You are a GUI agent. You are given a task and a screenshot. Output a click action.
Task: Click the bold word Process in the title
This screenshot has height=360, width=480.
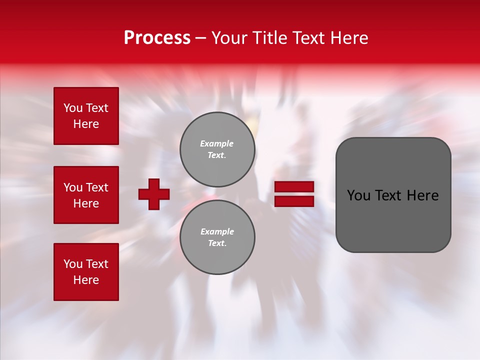click(x=157, y=38)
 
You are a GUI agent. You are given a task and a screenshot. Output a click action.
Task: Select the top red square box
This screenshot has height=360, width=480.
click(x=86, y=116)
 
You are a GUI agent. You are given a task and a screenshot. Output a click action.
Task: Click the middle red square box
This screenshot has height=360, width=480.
click(x=86, y=195)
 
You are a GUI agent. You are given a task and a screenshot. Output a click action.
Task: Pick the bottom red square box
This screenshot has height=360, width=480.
click(x=86, y=271)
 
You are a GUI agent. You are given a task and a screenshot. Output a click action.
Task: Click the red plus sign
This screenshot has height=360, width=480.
click(x=154, y=194)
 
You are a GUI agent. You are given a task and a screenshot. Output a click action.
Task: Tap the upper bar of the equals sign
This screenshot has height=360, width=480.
click(x=294, y=186)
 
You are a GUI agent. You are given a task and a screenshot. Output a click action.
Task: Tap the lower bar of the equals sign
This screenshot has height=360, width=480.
click(x=294, y=201)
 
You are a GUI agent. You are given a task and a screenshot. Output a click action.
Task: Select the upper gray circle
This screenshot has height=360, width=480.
click(x=217, y=149)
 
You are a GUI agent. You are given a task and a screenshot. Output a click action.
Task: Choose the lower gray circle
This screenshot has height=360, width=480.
click(x=217, y=237)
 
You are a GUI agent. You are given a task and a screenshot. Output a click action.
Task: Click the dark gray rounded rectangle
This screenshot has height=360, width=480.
click(x=393, y=194)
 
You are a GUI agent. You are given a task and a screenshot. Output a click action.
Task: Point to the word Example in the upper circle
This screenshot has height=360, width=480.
click(x=217, y=143)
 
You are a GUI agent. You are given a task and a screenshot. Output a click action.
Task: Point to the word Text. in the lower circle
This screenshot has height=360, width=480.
click(x=217, y=243)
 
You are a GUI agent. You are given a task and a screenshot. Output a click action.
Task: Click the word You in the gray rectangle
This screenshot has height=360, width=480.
click(x=358, y=195)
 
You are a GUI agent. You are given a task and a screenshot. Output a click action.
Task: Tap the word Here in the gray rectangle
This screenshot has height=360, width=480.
click(x=423, y=195)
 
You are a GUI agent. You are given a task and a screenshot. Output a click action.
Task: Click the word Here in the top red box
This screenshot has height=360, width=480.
click(x=86, y=124)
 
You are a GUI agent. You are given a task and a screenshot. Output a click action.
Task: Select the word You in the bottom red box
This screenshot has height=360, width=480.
click(x=73, y=264)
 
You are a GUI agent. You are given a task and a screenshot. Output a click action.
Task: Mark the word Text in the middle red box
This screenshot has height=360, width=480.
click(x=96, y=187)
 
